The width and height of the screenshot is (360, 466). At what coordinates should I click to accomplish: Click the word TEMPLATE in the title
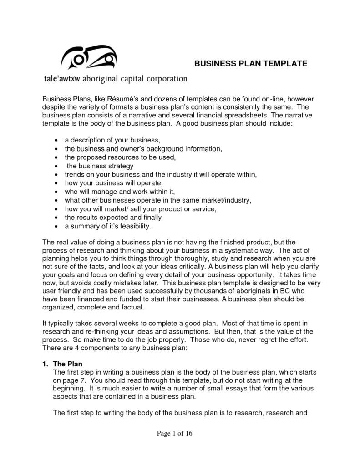[x=284, y=63]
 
